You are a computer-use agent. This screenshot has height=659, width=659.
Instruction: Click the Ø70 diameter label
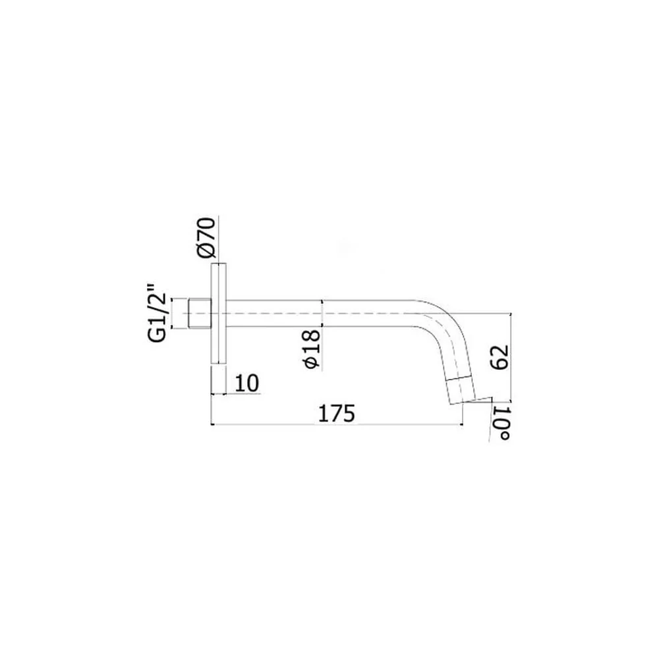point(206,237)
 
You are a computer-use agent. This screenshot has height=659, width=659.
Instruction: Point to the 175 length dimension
point(336,414)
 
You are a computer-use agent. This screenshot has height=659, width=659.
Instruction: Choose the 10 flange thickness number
point(247,384)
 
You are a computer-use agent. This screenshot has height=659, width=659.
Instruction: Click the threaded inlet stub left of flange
point(200,313)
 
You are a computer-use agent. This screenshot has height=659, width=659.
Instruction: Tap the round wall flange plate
point(219,313)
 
